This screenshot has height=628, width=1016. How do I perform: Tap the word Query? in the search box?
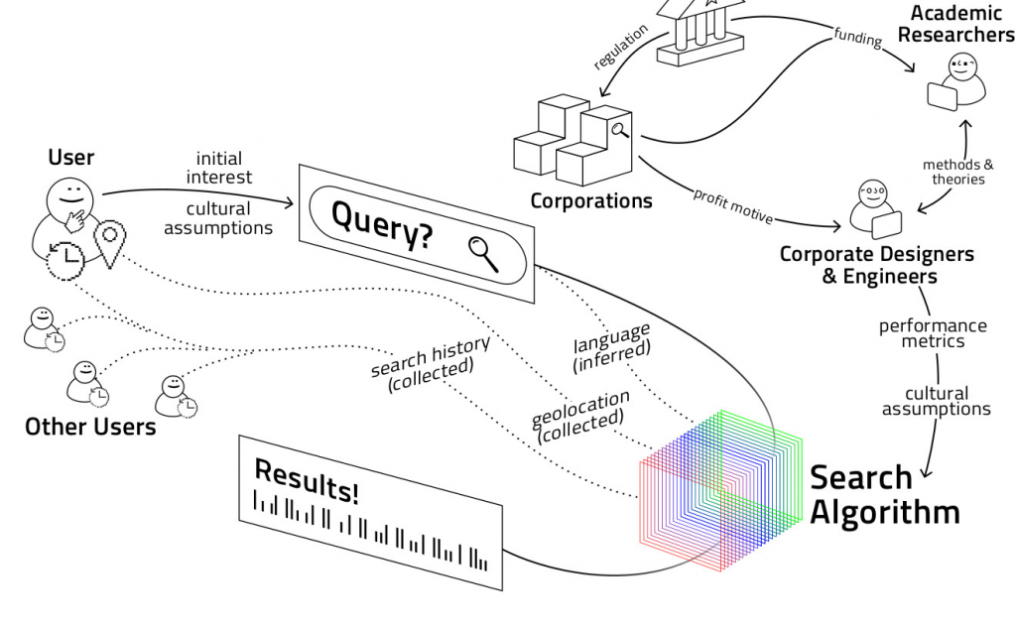[382, 224]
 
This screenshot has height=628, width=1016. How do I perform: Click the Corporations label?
[591, 200]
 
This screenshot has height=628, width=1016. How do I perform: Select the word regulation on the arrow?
[621, 47]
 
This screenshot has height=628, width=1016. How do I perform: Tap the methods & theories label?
[957, 172]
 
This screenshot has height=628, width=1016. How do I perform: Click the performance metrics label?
[932, 333]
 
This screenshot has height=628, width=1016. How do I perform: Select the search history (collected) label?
[431, 357]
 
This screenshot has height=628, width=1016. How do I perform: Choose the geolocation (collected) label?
[581, 415]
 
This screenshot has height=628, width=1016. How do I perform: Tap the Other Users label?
[90, 427]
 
